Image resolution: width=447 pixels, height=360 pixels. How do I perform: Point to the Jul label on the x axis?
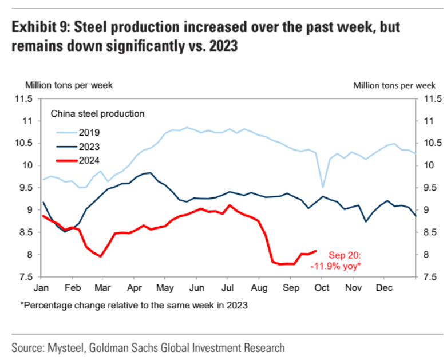point(228,287)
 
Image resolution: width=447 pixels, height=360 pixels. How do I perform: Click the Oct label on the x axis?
point(322,287)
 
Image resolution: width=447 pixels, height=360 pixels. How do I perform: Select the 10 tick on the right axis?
point(426,165)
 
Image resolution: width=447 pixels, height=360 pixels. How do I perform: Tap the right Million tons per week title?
point(394,85)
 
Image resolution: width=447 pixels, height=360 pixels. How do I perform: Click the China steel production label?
point(97,113)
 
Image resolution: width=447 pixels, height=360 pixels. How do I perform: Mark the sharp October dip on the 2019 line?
point(323,187)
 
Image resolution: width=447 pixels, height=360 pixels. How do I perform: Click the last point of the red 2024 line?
point(317,251)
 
